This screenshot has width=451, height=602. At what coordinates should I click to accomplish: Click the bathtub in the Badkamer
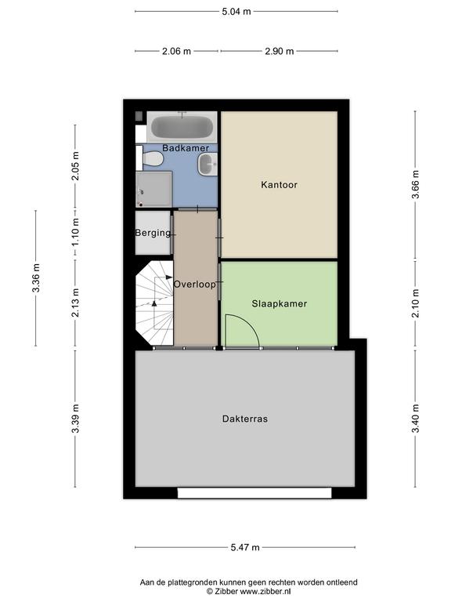tap(182, 127)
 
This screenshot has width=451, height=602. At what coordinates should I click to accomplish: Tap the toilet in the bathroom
tap(150, 158)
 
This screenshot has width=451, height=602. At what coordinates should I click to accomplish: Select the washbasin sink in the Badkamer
tap(207, 165)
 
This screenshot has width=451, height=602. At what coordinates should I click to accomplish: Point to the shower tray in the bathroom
tap(153, 189)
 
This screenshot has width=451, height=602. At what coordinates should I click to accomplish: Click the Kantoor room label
tap(280, 185)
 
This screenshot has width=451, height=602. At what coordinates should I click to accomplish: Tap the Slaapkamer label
tap(280, 303)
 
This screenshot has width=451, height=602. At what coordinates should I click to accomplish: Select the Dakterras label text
tap(245, 419)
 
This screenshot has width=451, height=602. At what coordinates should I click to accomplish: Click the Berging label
tap(153, 233)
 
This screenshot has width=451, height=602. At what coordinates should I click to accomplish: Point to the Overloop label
tap(195, 285)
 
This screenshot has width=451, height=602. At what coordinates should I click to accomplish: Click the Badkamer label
tap(186, 148)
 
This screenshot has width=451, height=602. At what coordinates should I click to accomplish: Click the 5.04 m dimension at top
tap(236, 12)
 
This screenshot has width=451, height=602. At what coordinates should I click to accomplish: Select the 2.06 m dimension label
tap(176, 51)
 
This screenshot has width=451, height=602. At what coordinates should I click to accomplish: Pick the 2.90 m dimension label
tap(280, 51)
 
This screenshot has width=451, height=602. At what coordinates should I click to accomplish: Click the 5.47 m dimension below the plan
tap(245, 547)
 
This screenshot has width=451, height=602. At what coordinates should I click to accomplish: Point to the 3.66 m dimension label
tap(415, 184)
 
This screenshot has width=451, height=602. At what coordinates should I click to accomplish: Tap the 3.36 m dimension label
tap(36, 278)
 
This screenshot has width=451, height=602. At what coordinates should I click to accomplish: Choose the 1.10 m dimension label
tap(75, 233)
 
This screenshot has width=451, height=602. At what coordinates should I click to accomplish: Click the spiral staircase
tap(154, 303)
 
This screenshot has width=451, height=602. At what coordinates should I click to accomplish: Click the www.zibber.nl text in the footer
tap(265, 592)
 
